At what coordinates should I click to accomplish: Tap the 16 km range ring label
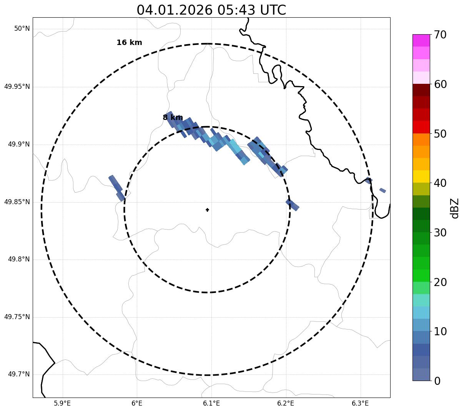coord(129,43)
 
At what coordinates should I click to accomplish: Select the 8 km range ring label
coord(173,118)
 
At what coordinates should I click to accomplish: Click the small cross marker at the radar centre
coord(207,210)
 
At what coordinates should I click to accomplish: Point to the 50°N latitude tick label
coord(22,29)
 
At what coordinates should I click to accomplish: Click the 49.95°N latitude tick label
coord(17,87)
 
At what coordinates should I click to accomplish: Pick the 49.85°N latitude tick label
coord(17,202)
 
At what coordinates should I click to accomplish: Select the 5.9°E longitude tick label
coord(62,403)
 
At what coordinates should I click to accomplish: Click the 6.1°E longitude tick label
coord(211,403)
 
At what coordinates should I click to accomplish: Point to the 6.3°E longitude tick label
coord(360,403)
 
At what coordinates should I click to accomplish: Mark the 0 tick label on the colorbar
coord(437,381)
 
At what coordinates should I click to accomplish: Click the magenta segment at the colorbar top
coord(421,40)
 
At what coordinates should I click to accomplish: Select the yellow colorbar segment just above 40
coord(421,176)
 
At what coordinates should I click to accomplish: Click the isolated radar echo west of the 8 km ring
coord(116,187)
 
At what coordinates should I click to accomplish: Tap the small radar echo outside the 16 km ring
coord(383,190)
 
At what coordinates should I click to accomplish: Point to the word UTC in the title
coord(273,10)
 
